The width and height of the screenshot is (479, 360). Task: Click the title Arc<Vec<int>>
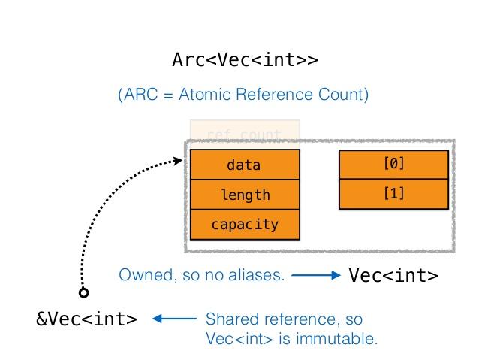(x=245, y=60)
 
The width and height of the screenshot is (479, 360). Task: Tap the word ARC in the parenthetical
(x=141, y=95)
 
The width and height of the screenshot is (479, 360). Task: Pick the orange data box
(x=245, y=165)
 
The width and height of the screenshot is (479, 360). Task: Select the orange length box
(x=245, y=195)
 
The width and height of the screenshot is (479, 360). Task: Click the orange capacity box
(x=245, y=224)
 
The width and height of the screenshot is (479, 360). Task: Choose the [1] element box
(x=393, y=194)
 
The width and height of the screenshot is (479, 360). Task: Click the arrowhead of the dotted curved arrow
(x=179, y=159)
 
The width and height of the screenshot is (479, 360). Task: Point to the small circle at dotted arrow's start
(x=84, y=292)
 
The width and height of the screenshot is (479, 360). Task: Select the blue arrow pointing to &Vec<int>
(x=174, y=319)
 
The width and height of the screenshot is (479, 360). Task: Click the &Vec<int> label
(x=87, y=319)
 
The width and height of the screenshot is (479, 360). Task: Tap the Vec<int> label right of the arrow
(x=393, y=276)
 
